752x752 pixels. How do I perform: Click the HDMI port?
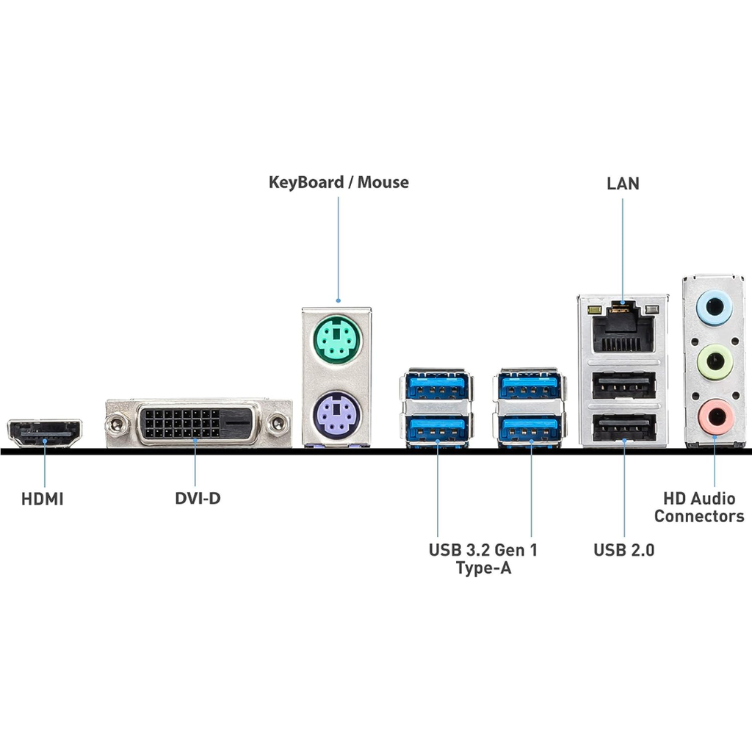tap(45, 433)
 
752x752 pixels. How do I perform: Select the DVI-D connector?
tap(198, 424)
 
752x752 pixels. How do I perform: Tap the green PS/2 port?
tap(336, 339)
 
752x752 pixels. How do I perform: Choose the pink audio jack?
tap(715, 417)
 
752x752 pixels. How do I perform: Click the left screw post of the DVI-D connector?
tap(115, 423)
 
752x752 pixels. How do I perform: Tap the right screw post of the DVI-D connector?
tap(278, 423)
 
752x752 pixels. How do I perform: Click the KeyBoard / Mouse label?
tap(339, 182)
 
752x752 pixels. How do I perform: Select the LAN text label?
tap(623, 184)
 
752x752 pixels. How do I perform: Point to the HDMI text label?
tap(43, 499)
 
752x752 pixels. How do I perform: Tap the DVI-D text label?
tap(197, 499)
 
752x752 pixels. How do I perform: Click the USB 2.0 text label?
tap(623, 549)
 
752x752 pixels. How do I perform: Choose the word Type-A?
tap(482, 568)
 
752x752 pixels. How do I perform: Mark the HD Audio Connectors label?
tap(698, 507)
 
